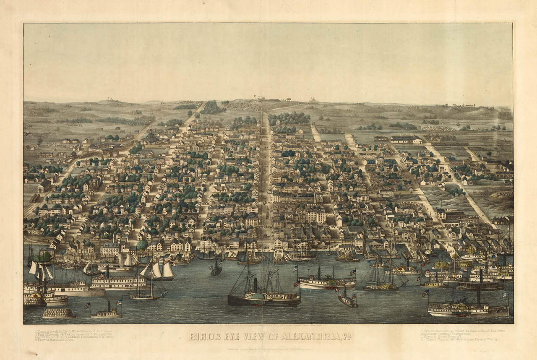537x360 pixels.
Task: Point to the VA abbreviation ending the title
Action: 347,337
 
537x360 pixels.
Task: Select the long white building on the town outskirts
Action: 405,139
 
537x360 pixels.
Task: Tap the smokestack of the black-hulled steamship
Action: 255,285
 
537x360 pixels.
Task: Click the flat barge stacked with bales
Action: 59,313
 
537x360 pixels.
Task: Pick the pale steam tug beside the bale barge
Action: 105,313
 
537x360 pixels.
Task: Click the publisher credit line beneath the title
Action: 268,348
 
